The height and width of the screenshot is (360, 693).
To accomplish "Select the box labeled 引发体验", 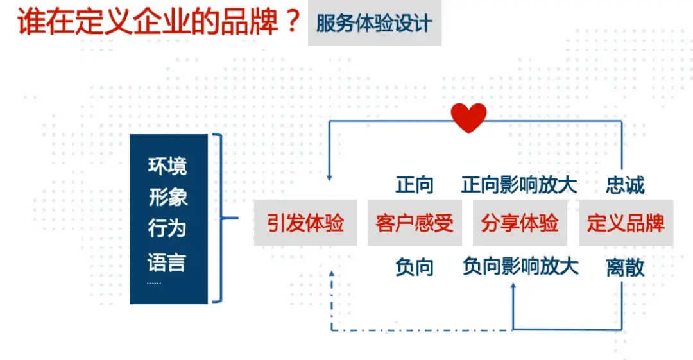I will [305, 223].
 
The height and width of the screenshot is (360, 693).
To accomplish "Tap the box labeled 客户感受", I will [415, 223].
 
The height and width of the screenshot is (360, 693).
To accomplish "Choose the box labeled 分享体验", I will [520, 223].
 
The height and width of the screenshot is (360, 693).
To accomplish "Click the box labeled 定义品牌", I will [626, 223].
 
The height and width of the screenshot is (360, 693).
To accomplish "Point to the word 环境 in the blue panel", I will [168, 166].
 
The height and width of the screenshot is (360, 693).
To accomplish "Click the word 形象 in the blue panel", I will [168, 198].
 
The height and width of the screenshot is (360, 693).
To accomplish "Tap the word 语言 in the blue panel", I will [168, 262].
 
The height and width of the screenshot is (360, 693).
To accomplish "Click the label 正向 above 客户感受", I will [415, 185].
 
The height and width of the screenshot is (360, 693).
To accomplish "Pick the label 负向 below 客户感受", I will [415, 267].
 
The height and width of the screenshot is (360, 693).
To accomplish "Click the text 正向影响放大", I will [519, 185].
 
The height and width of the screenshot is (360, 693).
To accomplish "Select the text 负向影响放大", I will [520, 266].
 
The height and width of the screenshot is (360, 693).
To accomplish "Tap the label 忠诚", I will [625, 185].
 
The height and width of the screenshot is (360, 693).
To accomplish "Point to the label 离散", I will [625, 268].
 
